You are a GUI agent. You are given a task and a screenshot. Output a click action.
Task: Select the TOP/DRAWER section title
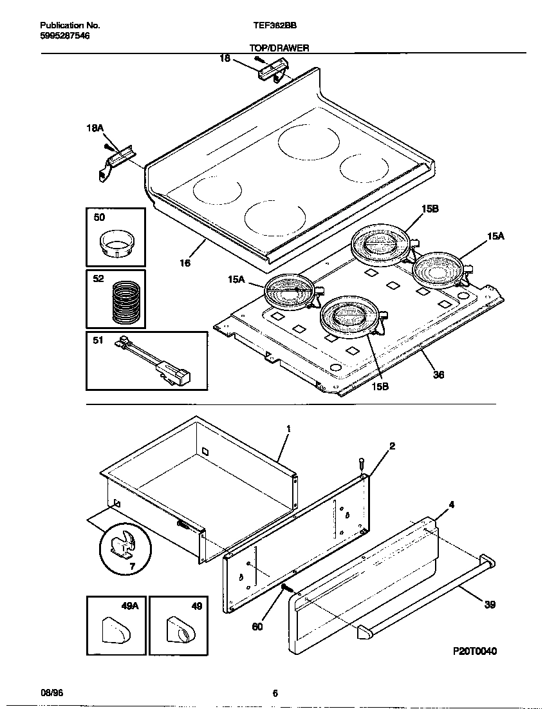[x=279, y=48]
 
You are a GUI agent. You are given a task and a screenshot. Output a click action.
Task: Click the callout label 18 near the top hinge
[x=225, y=59]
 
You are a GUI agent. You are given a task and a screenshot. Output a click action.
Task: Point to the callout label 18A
[x=95, y=128]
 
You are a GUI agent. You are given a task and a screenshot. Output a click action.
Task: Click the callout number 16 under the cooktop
[x=185, y=263]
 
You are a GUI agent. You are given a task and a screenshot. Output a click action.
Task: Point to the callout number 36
[x=438, y=375]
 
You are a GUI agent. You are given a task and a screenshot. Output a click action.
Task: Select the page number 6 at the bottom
[x=275, y=694]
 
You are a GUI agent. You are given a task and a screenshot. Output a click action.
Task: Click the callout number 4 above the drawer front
[x=451, y=504]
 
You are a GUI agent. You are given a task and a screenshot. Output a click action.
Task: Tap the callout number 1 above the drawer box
[x=288, y=428]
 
